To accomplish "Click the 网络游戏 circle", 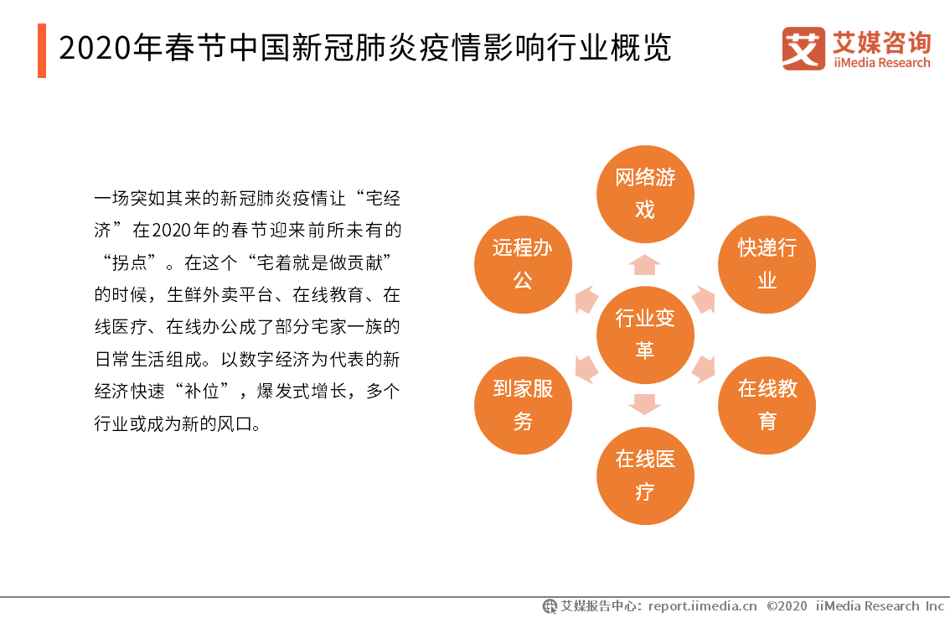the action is (645, 194).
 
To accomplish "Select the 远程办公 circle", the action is (523, 264).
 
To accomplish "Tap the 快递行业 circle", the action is (767, 264).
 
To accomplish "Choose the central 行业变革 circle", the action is (645, 335).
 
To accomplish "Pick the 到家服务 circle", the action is (523, 405).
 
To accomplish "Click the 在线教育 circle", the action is (767, 405).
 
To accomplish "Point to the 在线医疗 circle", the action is (645, 475).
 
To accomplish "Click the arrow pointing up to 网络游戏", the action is (645, 265).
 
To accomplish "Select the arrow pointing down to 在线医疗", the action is (645, 404).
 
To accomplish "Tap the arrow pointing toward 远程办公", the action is (586, 299).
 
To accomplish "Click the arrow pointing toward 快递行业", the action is (704, 299).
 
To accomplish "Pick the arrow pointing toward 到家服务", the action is (586, 369).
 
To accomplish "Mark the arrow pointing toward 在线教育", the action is (704, 369).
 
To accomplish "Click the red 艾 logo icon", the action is (803, 49).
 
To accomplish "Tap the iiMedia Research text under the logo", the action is (881, 63).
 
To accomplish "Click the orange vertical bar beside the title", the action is (42, 50).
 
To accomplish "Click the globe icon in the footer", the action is (550, 606).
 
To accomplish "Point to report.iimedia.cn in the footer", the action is (703, 606).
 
